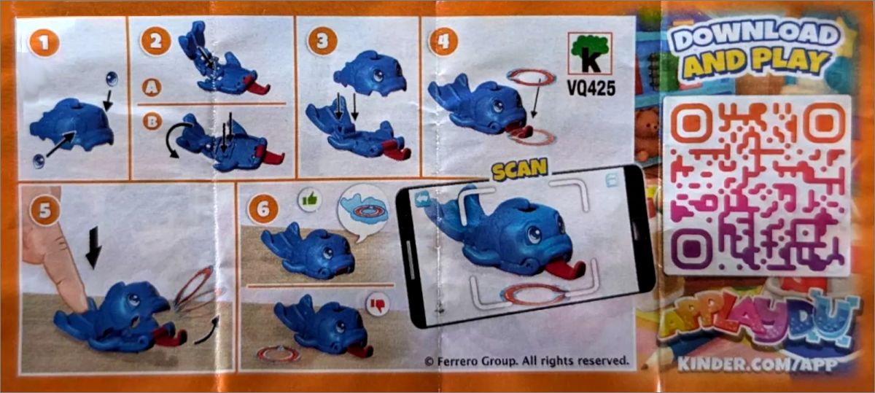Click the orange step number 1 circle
point(44,42)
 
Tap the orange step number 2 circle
point(156,41)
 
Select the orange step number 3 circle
point(322,41)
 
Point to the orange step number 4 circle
point(443,41)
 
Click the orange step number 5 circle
point(45,210)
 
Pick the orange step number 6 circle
point(263,209)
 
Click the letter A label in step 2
point(152,87)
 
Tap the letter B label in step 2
point(152,122)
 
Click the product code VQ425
point(591,88)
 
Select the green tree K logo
point(590,53)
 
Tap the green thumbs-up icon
point(310,200)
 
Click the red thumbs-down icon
point(378,304)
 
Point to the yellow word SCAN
point(519,169)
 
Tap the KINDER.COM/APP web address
point(758,365)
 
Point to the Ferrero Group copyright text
point(527,361)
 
